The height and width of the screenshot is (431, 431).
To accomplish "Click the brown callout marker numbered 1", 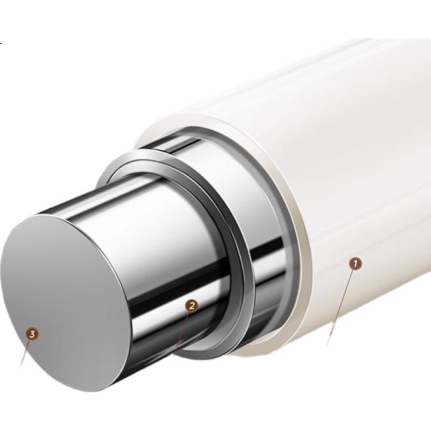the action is pos(355,264).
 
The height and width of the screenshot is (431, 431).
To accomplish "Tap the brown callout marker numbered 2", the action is pos(192,306).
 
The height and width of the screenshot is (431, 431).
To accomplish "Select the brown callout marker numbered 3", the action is pos(32,334).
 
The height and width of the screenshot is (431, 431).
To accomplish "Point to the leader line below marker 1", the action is pos(340,307).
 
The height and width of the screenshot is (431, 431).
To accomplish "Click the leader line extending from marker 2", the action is pos(181,333).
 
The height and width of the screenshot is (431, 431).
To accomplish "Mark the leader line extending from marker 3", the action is pos(24,355).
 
